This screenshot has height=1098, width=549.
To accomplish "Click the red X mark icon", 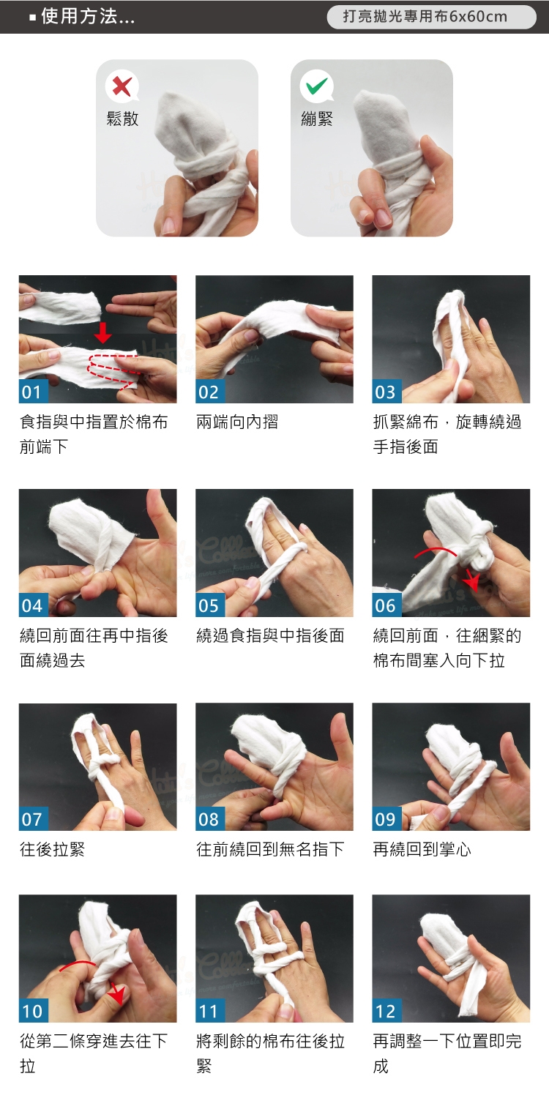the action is pyautogui.click(x=122, y=86).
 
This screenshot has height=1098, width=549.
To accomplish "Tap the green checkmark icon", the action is pyautogui.click(x=317, y=86).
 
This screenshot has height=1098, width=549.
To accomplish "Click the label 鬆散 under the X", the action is pyautogui.click(x=122, y=119).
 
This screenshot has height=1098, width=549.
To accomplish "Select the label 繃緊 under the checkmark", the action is pyautogui.click(x=317, y=119).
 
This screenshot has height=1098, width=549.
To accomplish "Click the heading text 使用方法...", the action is pyautogui.click(x=80, y=17).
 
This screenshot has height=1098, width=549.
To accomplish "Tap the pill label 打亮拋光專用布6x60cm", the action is pyautogui.click(x=425, y=17).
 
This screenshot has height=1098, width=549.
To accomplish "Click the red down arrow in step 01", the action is pyautogui.click(x=102, y=332).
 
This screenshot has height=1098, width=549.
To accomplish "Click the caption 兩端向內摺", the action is pyautogui.click(x=237, y=422).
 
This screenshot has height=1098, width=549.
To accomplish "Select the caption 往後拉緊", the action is pyautogui.click(x=53, y=849).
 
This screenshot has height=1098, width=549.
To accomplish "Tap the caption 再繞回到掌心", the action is pyautogui.click(x=422, y=849).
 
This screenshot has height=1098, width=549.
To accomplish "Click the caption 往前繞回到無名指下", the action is pyautogui.click(x=270, y=849).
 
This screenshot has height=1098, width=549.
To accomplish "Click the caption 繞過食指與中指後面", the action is pyautogui.click(x=270, y=636).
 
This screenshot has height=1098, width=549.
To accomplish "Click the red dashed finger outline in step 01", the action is pyautogui.click(x=113, y=370).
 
